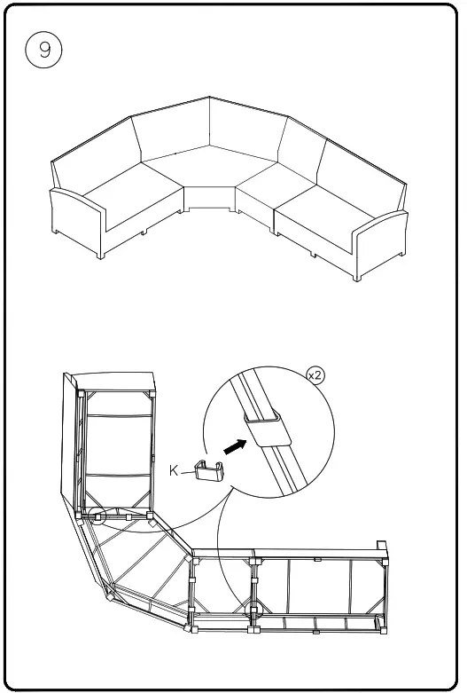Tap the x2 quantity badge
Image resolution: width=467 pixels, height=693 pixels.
315,375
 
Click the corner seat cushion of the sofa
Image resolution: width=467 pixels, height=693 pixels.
210,171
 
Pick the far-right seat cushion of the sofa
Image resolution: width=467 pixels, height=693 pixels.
325,213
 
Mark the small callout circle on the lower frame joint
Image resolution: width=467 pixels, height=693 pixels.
255,611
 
